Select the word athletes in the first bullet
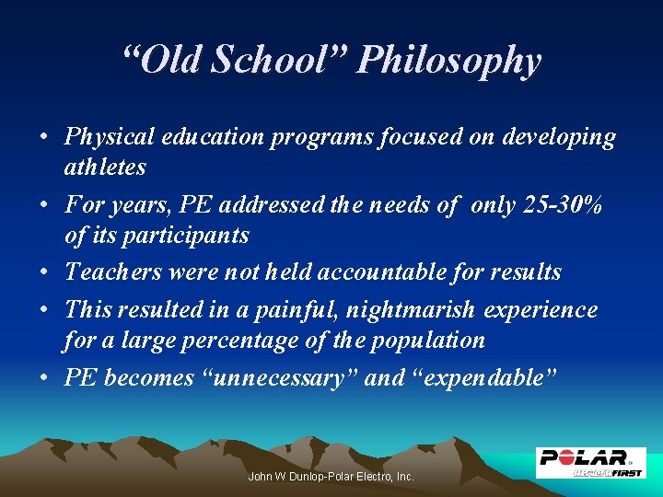click(105, 167)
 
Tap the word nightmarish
click(412, 310)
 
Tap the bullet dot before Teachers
click(44, 273)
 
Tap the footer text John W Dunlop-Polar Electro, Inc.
click(331, 477)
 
